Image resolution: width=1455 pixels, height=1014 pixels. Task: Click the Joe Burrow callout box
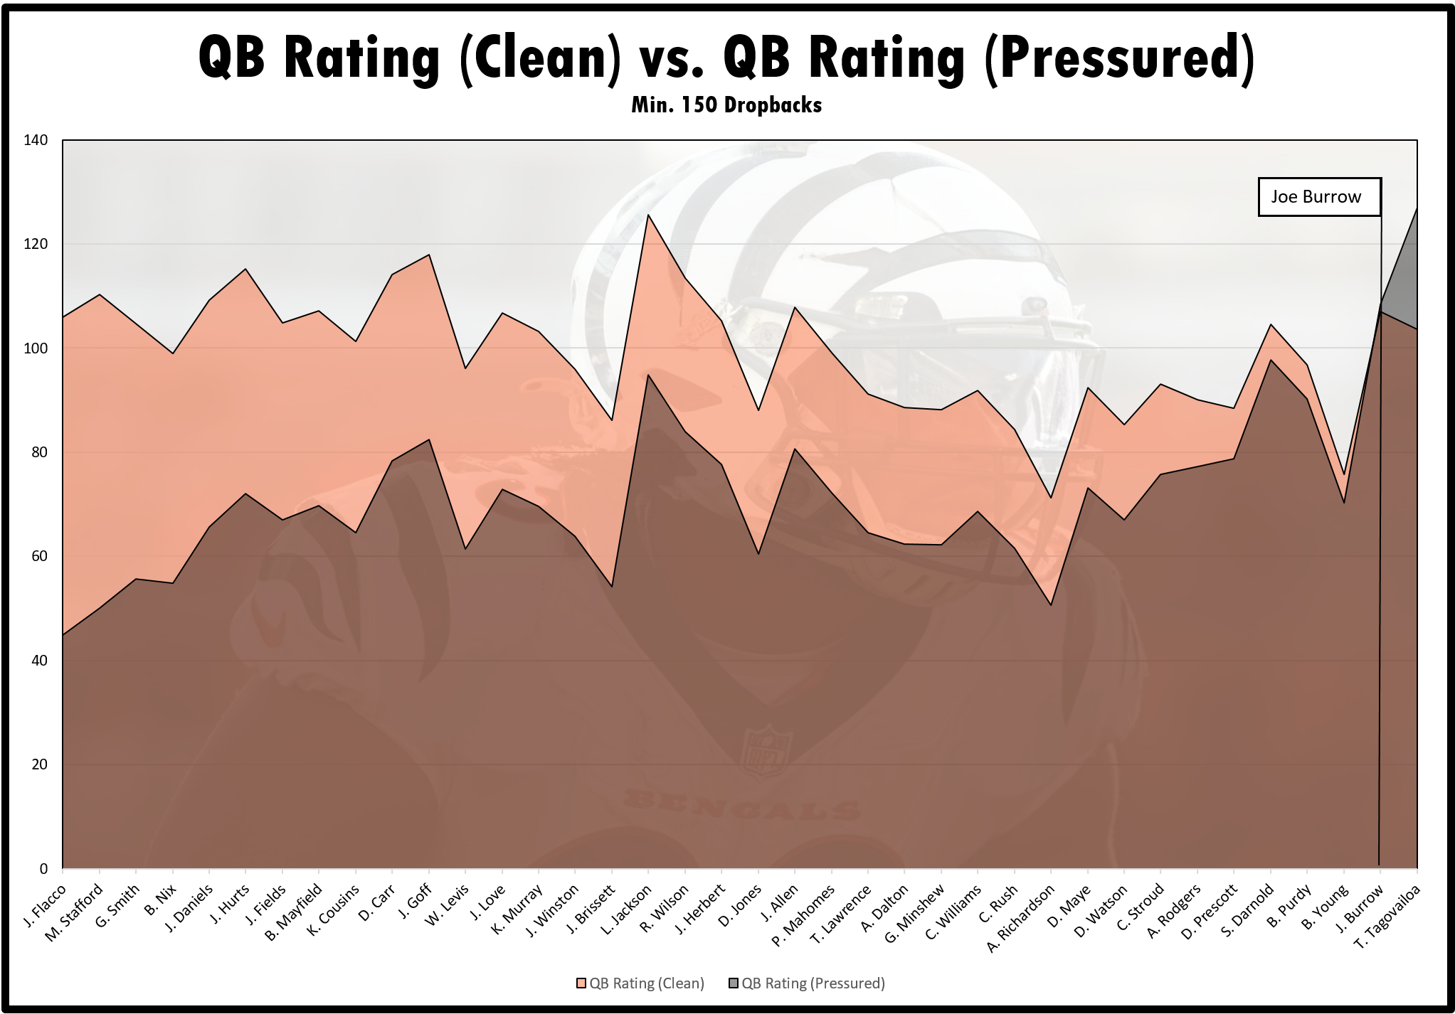coord(1319,197)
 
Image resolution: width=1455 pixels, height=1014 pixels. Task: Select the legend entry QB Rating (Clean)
coord(640,983)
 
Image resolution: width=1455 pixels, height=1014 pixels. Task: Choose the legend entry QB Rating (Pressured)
coord(807,983)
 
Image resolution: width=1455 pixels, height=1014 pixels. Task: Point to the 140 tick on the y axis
coord(36,140)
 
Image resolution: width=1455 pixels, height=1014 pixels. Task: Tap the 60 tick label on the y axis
coord(40,556)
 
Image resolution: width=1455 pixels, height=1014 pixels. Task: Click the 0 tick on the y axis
coord(44,868)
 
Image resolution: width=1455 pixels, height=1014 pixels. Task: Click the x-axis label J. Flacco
coord(45,906)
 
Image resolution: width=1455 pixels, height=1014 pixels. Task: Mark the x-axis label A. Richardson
coord(1021,918)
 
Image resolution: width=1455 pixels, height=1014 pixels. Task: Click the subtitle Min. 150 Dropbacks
coord(726,105)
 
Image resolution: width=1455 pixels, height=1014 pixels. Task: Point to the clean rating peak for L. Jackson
coord(648,215)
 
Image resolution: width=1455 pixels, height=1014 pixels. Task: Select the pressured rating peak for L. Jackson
coord(648,375)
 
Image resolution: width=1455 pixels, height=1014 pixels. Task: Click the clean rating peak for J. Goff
coord(429,255)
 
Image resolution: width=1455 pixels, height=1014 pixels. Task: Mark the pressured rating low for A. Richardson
coord(1051,605)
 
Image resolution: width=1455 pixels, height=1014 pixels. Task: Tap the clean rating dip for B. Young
coord(1344,474)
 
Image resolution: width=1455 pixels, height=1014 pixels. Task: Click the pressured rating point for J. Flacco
coord(63,634)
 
